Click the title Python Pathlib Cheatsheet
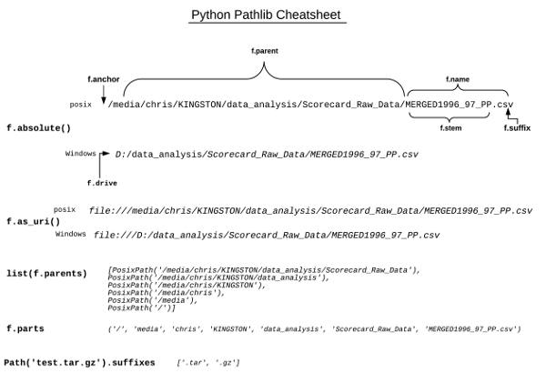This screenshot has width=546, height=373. click(267, 15)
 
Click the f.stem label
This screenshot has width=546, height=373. click(450, 128)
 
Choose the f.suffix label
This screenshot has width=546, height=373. click(517, 128)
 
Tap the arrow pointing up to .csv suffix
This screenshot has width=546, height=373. click(509, 115)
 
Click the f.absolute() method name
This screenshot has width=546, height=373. click(38, 127)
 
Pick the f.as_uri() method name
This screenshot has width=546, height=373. click(34, 221)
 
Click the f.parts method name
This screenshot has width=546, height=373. click(25, 328)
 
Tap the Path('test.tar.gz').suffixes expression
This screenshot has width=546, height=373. click(79, 362)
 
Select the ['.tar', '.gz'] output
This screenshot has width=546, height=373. click(209, 363)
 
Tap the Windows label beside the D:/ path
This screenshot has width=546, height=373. click(80, 154)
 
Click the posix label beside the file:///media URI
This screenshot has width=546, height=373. click(65, 209)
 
